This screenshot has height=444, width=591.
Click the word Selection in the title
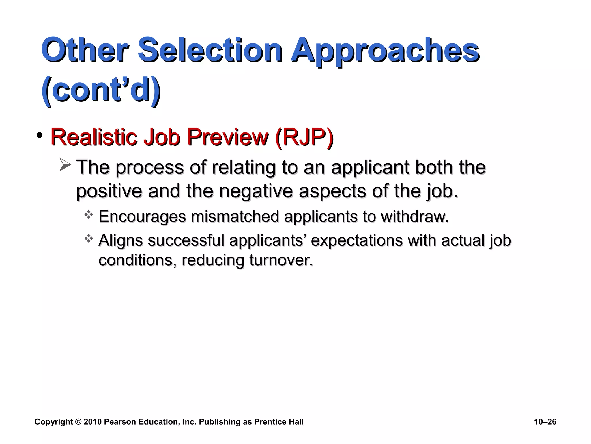coord(210,51)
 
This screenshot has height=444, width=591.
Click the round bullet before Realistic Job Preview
coord(40,135)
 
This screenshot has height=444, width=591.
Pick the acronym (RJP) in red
coord(304,137)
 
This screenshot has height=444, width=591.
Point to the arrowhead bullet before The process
coord(65,165)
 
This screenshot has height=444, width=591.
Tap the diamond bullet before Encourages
coord(89,215)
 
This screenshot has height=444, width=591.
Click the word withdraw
coord(414,217)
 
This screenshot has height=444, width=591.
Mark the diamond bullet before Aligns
coord(89,239)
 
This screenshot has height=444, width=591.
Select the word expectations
coord(356,241)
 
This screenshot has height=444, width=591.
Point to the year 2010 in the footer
coord(92,422)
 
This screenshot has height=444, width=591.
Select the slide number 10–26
coord(545,422)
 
